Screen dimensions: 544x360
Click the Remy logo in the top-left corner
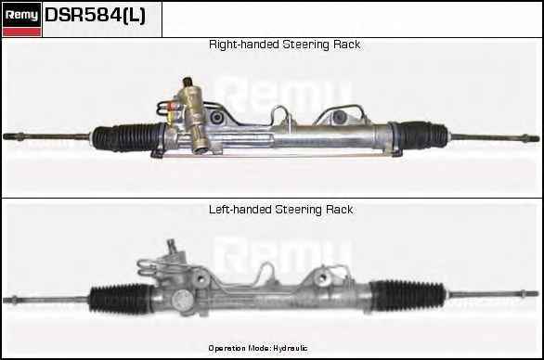[x=21, y=19]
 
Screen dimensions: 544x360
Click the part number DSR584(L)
[x=95, y=15]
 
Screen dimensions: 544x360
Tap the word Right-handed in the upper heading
[x=244, y=45]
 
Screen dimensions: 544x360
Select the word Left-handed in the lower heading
[x=240, y=210]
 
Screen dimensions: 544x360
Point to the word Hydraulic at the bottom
[x=291, y=348]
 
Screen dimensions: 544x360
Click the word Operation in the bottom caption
[x=227, y=348]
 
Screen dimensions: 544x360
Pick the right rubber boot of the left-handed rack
[x=408, y=295]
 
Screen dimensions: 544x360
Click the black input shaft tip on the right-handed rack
[x=188, y=82]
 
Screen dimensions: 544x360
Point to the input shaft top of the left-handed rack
[x=171, y=245]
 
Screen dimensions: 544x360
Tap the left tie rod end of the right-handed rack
[x=14, y=136]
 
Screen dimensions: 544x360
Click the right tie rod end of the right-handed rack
[x=530, y=138]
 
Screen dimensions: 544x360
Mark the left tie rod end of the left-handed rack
[x=11, y=300]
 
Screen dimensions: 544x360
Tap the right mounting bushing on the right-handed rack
[x=338, y=118]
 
